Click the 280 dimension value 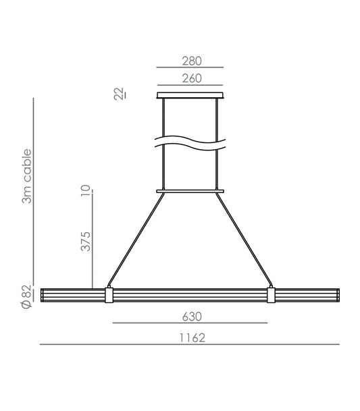(x=190, y=61)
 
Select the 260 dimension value (x=190, y=79)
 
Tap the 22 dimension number (x=119, y=94)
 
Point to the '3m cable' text (x=28, y=176)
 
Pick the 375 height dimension (x=86, y=241)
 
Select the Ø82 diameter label (x=26, y=297)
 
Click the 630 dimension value (x=192, y=315)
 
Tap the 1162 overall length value (x=192, y=336)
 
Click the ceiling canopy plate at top (x=190, y=95)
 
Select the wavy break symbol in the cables (x=190, y=143)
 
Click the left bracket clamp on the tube (x=109, y=296)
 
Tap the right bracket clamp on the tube (x=272, y=296)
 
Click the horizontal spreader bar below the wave (x=190, y=192)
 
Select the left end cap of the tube (x=43, y=296)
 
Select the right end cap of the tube (x=337, y=296)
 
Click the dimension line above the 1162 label (x=190, y=345)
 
